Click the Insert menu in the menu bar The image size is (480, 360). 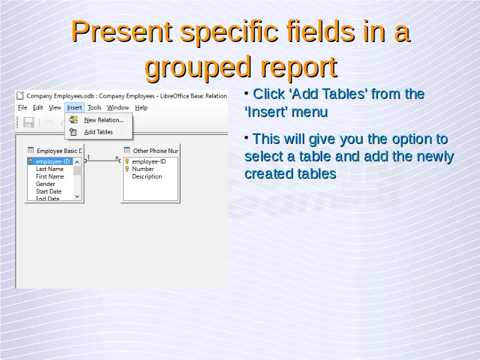pyautogui.click(x=74, y=107)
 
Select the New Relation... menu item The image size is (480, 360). pyautogui.click(x=104, y=120)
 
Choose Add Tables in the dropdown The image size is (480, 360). pyautogui.click(x=98, y=132)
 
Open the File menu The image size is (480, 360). pyautogui.click(x=22, y=107)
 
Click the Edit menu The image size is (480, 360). pyautogui.click(x=38, y=107)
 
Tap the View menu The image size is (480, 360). pyautogui.click(x=55, y=107)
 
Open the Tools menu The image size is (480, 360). pyautogui.click(x=94, y=107)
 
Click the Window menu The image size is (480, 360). pyautogui.click(x=118, y=107)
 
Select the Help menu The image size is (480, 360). pyautogui.click(x=141, y=107)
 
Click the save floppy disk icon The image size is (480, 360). pyautogui.click(x=29, y=122)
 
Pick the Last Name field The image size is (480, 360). pyautogui.click(x=50, y=169)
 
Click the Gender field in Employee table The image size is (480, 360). pyautogui.click(x=46, y=184)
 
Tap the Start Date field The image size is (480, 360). pyautogui.click(x=49, y=191)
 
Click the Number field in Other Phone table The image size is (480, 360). pyautogui.click(x=143, y=169)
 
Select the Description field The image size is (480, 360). pyautogui.click(x=147, y=176)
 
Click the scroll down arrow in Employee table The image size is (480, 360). pyautogui.click(x=77, y=197)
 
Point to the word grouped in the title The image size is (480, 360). pyautogui.click(x=198, y=68)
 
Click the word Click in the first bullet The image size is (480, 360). pyautogui.click(x=269, y=94)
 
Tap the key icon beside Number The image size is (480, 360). pyautogui.click(x=127, y=169)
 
